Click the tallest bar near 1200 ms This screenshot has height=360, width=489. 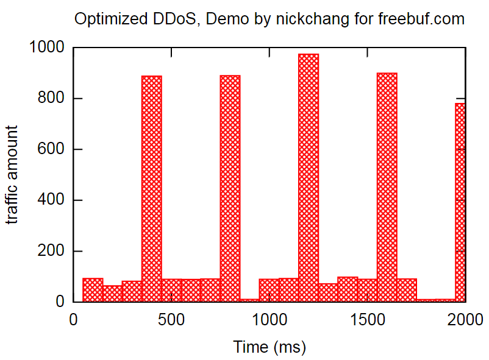309,177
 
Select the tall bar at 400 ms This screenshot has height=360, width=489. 151,188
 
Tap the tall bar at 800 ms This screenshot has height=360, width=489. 230,188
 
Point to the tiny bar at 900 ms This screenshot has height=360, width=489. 249,300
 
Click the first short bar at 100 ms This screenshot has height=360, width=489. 93,290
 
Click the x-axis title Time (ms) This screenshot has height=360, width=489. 269,347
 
